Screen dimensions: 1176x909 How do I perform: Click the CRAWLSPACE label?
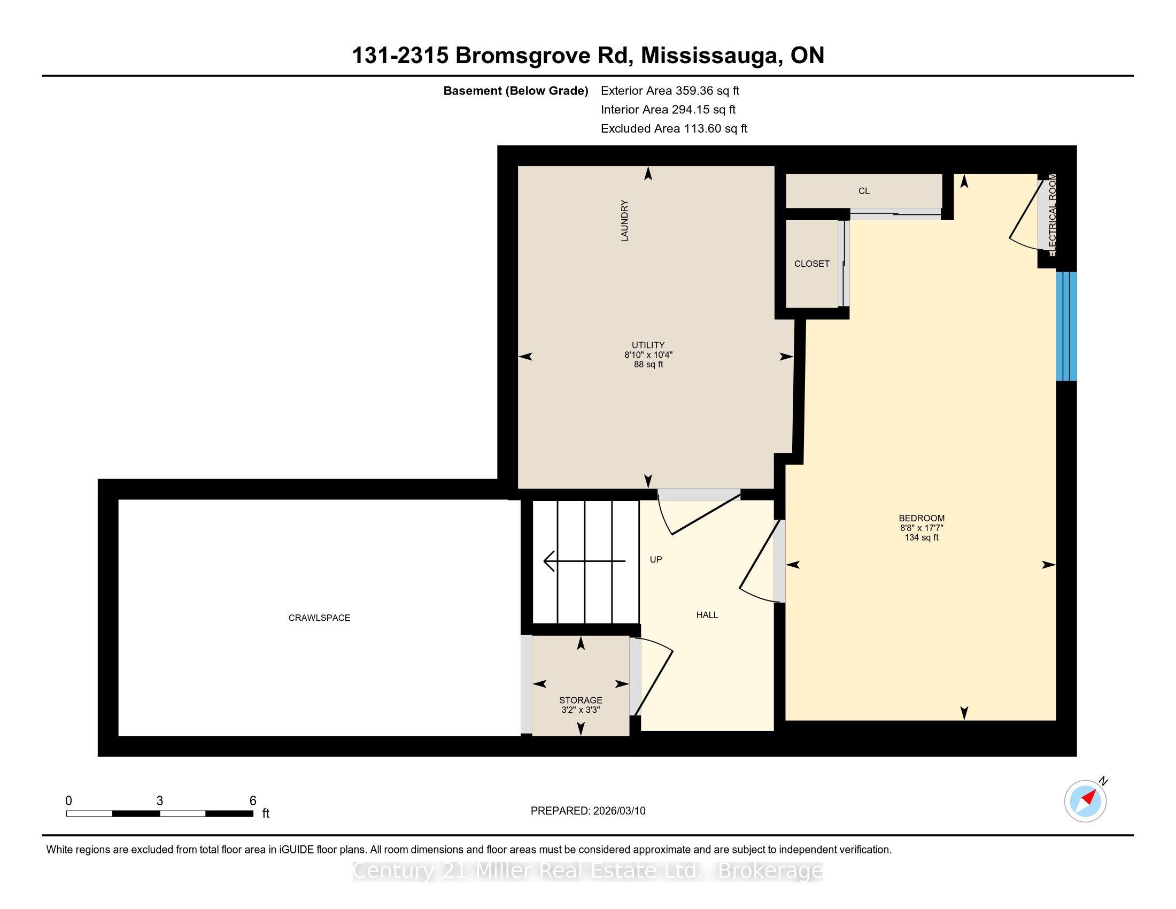point(319,618)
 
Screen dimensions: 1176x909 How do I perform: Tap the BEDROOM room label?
point(922,518)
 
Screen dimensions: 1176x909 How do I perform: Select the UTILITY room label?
point(648,345)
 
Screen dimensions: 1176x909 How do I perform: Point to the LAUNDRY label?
point(624,220)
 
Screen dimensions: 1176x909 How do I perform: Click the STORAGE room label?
point(581,700)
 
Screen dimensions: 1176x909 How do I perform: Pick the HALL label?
point(707,615)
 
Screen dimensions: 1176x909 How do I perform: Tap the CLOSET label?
point(812,263)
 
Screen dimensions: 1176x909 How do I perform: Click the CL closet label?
point(864,191)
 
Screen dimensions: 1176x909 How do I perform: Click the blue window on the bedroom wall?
point(1066,326)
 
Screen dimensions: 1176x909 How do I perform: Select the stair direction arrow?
point(584,561)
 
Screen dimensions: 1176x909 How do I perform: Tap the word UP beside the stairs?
point(656,559)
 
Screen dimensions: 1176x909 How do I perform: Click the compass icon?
point(1086,801)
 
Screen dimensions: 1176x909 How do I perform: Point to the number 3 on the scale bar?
point(160,801)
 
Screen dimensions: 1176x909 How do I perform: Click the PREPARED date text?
point(588,811)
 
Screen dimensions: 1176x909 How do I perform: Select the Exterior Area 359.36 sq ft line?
point(670,91)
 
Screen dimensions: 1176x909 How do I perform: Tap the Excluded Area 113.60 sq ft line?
point(674,129)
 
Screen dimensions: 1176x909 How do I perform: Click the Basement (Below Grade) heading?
point(516,91)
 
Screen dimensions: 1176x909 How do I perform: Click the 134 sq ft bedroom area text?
point(922,537)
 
